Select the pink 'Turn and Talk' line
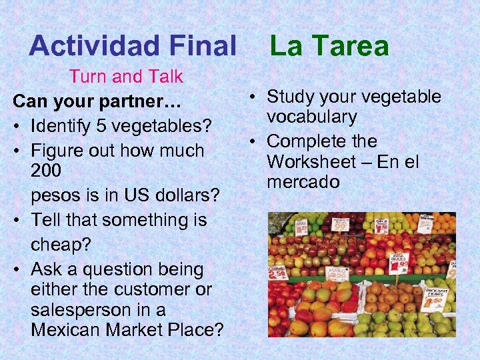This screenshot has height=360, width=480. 126,77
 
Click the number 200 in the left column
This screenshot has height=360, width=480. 46,171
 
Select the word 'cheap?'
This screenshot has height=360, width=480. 61,244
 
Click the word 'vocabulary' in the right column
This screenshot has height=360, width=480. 312,117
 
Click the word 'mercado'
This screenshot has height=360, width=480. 303,182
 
